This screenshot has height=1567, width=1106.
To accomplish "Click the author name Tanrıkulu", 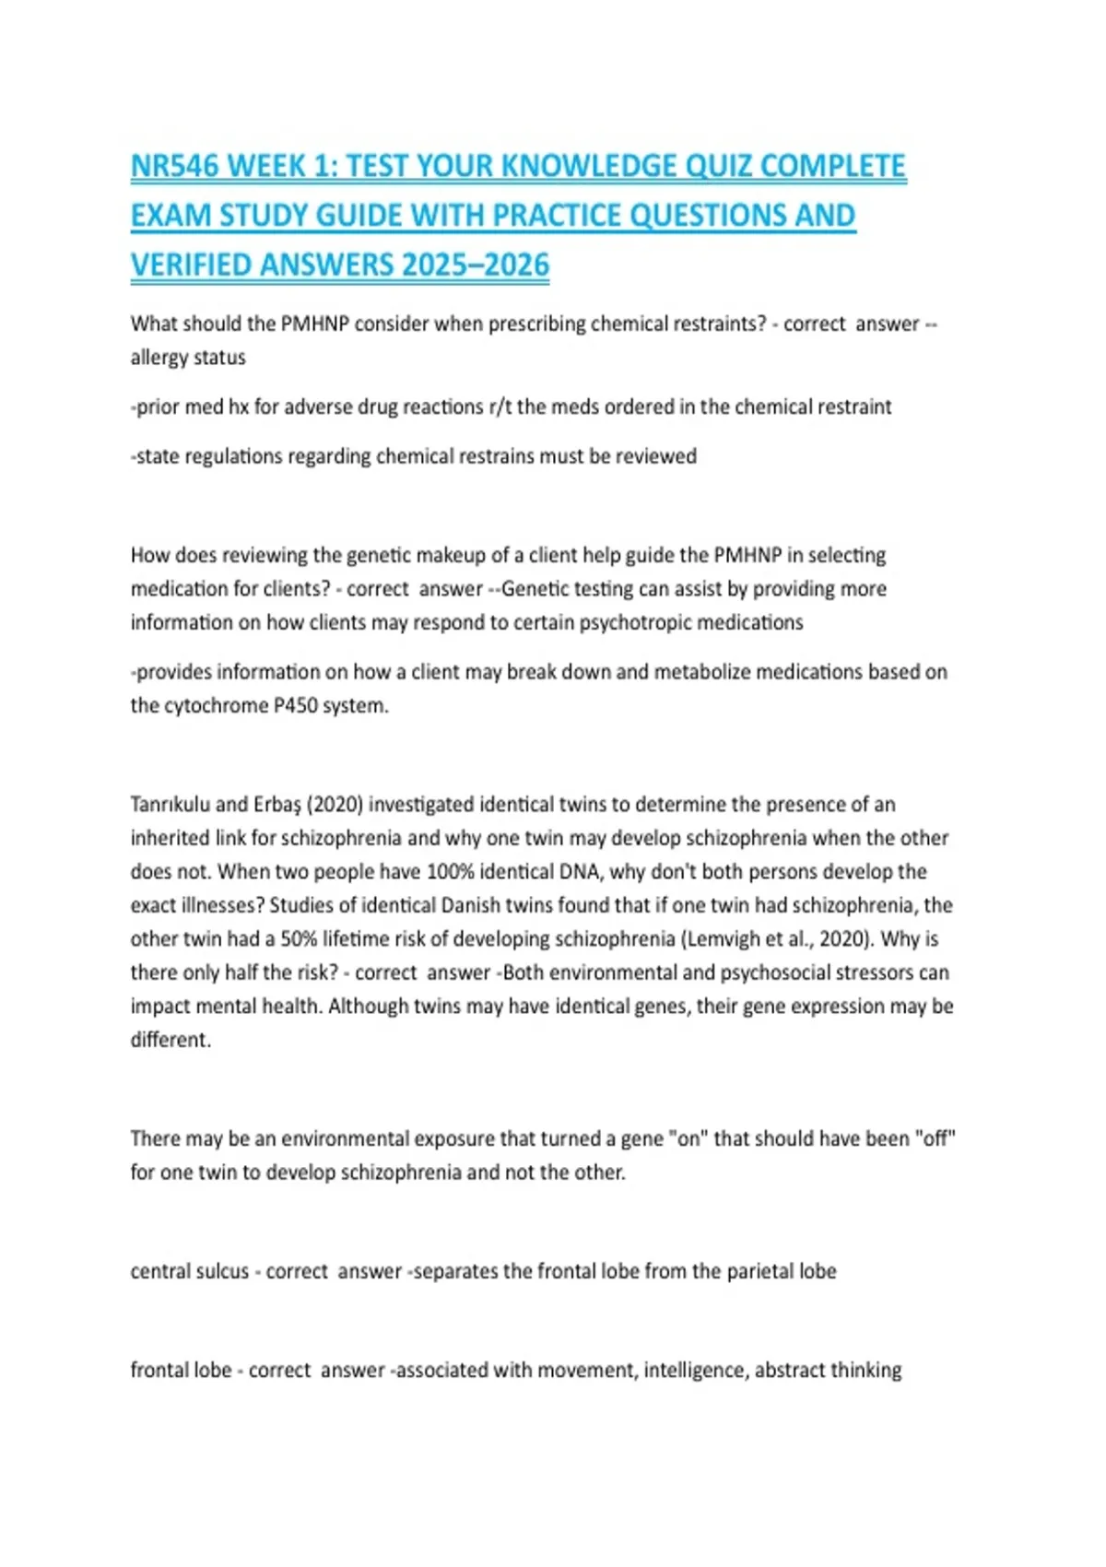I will pyautogui.click(x=171, y=805).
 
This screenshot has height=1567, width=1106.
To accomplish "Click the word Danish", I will pyautogui.click(x=474, y=905).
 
